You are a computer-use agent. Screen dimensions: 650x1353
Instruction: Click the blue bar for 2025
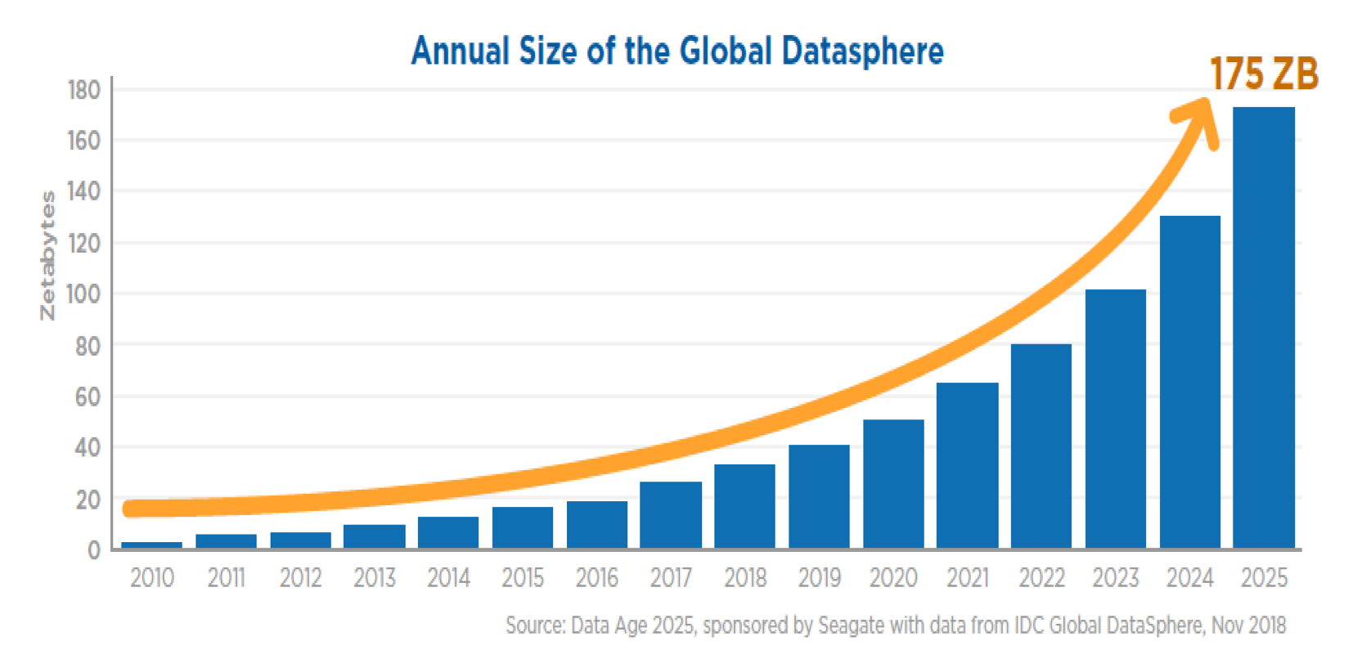(x=1263, y=327)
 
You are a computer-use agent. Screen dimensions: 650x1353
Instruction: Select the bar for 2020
(x=893, y=484)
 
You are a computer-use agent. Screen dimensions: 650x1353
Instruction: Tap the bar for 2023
(x=1115, y=419)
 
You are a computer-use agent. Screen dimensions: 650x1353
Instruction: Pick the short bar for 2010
(x=151, y=545)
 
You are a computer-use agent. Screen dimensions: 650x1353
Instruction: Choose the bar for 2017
(x=671, y=515)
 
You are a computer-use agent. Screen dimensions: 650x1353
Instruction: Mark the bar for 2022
(x=1041, y=446)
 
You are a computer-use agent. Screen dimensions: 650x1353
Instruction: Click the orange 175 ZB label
(x=1264, y=74)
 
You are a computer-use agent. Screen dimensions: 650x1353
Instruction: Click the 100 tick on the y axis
(x=83, y=294)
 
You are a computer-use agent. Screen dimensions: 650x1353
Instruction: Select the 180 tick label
(x=83, y=90)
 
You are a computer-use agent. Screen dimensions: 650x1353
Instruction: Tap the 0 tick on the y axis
(x=93, y=550)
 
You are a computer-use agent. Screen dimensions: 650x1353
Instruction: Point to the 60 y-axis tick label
(x=87, y=397)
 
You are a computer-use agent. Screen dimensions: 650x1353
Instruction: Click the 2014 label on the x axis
(x=448, y=579)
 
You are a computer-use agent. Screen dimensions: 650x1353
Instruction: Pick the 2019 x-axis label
(x=819, y=579)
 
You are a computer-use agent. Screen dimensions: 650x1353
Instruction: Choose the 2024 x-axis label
(x=1189, y=579)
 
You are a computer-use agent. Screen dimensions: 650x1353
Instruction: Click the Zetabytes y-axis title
(x=48, y=255)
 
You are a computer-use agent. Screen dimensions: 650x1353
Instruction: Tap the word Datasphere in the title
(x=862, y=51)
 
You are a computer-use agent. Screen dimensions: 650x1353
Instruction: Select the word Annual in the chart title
(x=461, y=51)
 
